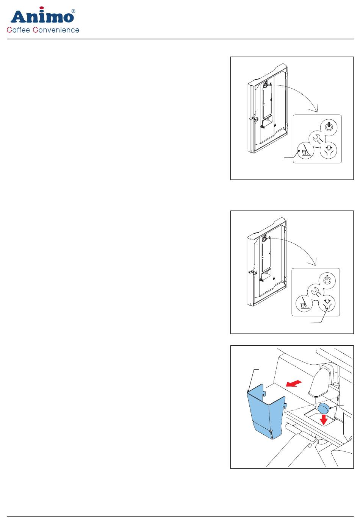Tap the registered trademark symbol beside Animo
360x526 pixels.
coord(73,11)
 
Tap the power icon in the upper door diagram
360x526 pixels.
coord(329,127)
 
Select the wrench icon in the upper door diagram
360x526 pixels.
coord(317,139)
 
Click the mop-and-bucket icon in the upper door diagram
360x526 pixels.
coord(305,150)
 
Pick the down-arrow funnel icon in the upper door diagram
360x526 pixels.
coord(328,150)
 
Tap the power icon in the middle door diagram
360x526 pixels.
coord(327,280)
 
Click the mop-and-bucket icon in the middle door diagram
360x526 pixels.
coord(304,304)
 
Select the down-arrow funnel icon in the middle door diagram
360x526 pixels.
coord(327,304)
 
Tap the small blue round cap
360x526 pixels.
coord(324,408)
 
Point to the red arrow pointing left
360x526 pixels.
coord(294,384)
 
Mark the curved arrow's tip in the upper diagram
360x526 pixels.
coord(316,112)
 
